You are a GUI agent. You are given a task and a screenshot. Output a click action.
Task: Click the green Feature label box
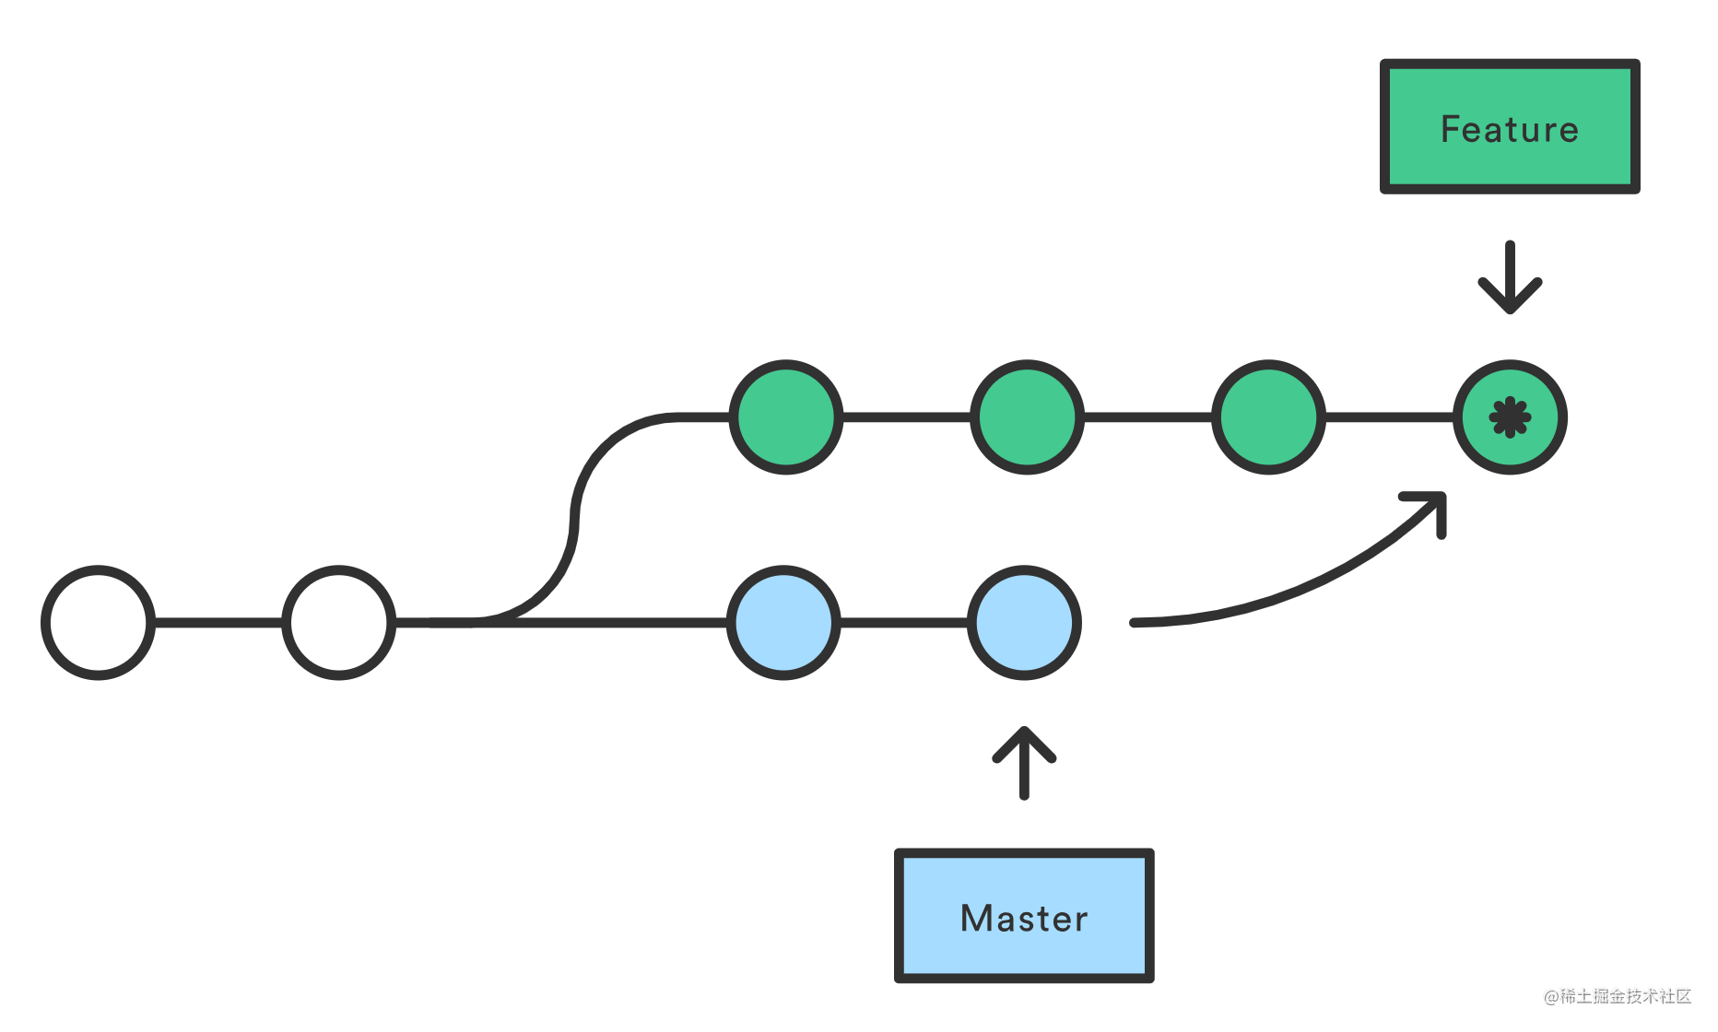click(1510, 127)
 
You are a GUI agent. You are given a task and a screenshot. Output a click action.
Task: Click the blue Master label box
click(1024, 916)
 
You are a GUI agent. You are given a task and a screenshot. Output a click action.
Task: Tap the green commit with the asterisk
click(1510, 417)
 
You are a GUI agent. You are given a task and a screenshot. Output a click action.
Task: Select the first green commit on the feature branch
click(786, 417)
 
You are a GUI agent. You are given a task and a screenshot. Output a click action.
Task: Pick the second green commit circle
click(1028, 417)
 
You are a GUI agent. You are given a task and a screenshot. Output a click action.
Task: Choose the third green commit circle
click(1269, 417)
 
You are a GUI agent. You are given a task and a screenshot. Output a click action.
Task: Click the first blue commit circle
click(784, 623)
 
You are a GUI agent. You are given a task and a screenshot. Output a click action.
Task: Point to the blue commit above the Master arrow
click(1025, 623)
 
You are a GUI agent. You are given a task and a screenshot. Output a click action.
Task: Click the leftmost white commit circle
click(99, 623)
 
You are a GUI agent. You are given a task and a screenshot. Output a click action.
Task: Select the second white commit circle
click(339, 623)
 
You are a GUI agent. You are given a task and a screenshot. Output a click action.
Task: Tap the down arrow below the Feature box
click(1510, 277)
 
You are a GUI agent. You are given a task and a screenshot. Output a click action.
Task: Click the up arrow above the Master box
click(1024, 763)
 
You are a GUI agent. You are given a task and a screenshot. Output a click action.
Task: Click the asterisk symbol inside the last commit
click(1510, 417)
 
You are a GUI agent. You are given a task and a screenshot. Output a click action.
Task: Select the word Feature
click(1510, 129)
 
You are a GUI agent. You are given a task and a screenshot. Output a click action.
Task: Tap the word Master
click(1024, 919)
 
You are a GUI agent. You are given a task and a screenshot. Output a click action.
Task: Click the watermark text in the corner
click(1618, 996)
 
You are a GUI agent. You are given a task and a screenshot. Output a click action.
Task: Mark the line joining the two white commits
click(219, 623)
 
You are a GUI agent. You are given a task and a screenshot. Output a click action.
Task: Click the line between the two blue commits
click(904, 623)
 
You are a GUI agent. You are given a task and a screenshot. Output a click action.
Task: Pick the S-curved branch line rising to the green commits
click(574, 521)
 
